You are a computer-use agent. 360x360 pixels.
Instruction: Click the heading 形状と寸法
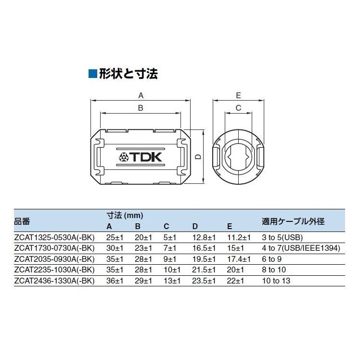(129, 74)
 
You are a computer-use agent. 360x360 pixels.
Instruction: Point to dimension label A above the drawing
(141, 95)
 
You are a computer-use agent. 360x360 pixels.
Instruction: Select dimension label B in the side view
(141, 108)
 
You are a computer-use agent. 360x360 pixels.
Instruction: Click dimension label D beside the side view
(197, 156)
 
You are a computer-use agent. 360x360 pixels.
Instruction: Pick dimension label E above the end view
(238, 95)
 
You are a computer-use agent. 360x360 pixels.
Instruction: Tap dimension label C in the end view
(238, 108)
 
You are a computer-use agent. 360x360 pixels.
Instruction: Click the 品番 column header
(22, 221)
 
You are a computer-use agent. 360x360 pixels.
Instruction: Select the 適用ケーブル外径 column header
(293, 221)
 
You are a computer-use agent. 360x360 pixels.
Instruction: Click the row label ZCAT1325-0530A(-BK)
(54, 237)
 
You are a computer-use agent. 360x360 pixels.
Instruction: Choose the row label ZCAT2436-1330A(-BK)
(54, 280)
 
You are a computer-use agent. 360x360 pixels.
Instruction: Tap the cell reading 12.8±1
(204, 237)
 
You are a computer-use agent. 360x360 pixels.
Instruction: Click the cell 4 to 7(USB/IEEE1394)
(301, 248)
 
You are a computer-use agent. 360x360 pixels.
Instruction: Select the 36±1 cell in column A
(115, 280)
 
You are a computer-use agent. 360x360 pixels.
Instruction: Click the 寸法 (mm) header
(125, 216)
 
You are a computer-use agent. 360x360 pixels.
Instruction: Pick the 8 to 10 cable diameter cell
(274, 270)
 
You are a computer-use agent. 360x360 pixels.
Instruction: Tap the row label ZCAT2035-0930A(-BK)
(54, 259)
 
